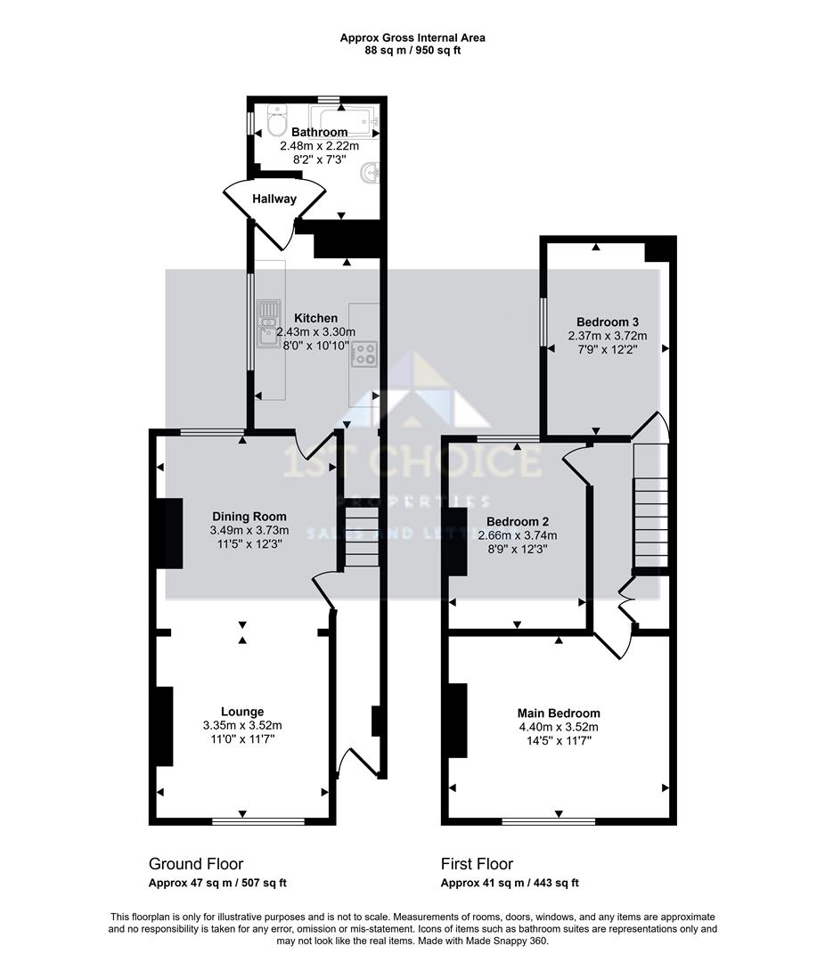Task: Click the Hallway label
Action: tap(274, 199)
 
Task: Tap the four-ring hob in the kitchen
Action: tap(364, 353)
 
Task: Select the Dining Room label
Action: tap(249, 517)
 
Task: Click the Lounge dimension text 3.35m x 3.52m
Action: tap(242, 725)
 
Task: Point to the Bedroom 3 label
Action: tap(607, 322)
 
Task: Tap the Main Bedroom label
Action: tap(559, 713)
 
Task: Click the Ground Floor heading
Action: tap(195, 864)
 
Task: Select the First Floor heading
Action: tap(477, 864)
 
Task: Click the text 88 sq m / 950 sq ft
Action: tap(412, 51)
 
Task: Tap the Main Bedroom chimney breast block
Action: tap(457, 720)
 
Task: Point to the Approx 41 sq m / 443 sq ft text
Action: tap(510, 884)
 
